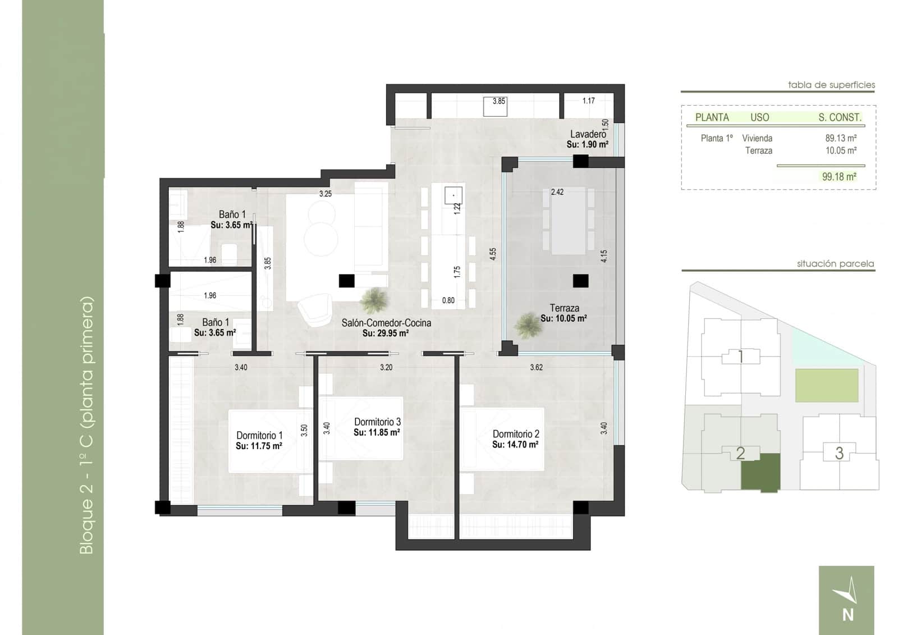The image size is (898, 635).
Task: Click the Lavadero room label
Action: pyautogui.click(x=588, y=134)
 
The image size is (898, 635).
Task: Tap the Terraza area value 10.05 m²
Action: pyautogui.click(x=563, y=318)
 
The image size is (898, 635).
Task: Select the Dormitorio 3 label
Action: pyautogui.click(x=377, y=422)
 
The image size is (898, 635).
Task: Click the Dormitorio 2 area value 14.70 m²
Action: pyautogui.click(x=515, y=444)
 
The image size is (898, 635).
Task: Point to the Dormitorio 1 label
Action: pyautogui.click(x=259, y=435)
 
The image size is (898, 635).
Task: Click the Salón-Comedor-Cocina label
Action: pyautogui.click(x=386, y=323)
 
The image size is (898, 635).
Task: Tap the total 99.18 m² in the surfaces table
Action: pyautogui.click(x=839, y=176)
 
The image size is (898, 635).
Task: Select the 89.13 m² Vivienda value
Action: pyautogui.click(x=840, y=138)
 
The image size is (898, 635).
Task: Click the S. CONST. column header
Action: pyautogui.click(x=839, y=117)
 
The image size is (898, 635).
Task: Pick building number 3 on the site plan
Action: pyautogui.click(x=839, y=453)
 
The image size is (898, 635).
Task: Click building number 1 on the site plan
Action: pyautogui.click(x=740, y=357)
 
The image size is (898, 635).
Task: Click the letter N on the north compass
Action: pyautogui.click(x=847, y=615)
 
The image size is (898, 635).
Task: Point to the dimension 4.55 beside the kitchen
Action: pyautogui.click(x=493, y=253)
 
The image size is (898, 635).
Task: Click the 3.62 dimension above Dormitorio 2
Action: pyautogui.click(x=536, y=367)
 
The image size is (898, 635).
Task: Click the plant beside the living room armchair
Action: pyautogui.click(x=374, y=300)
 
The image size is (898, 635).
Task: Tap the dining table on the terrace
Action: pyautogui.click(x=568, y=221)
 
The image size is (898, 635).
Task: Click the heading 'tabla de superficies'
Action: pyautogui.click(x=831, y=85)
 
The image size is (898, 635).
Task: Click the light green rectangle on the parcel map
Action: pyautogui.click(x=826, y=385)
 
